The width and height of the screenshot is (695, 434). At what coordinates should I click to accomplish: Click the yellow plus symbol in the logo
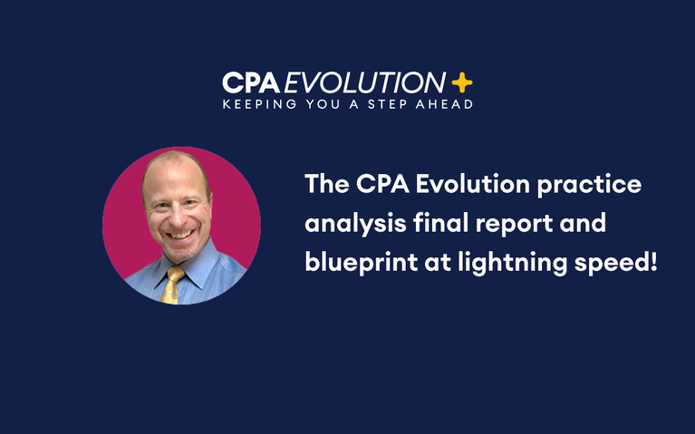point(461,83)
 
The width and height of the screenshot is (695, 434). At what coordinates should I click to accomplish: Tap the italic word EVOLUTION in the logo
point(364,83)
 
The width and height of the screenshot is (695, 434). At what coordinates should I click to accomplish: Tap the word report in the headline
point(506,224)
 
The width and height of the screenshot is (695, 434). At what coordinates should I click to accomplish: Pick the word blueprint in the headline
point(354,264)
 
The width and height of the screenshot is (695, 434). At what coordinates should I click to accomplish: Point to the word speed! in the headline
point(618,264)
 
